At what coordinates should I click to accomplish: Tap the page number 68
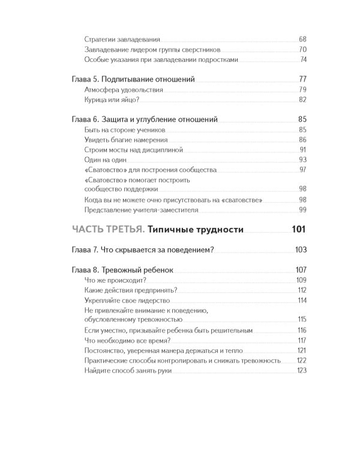pyautogui.click(x=302, y=38)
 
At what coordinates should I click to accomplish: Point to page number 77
pyautogui.click(x=302, y=79)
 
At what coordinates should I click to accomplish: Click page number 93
pyautogui.click(x=302, y=160)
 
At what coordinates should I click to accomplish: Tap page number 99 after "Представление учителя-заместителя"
pyautogui.click(x=302, y=209)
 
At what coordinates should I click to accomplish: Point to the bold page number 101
pyautogui.click(x=299, y=229)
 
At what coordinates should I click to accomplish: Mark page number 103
pyautogui.click(x=301, y=250)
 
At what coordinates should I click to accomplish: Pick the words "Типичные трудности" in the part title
pyautogui.click(x=195, y=229)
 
